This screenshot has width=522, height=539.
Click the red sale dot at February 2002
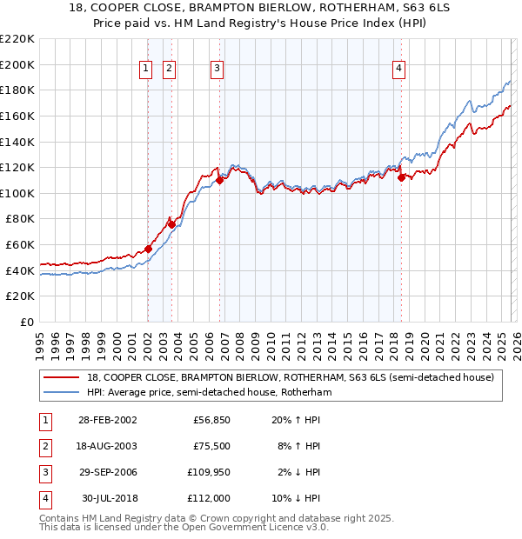149,249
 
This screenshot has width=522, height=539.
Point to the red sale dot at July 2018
401,177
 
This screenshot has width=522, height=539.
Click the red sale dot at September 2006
220,180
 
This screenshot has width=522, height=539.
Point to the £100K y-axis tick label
18,193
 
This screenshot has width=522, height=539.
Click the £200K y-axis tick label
18,64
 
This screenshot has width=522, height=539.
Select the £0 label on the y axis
26,322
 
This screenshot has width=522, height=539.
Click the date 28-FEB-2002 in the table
107,420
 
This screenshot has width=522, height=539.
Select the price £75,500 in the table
211,446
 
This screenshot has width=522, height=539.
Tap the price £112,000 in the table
208,498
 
